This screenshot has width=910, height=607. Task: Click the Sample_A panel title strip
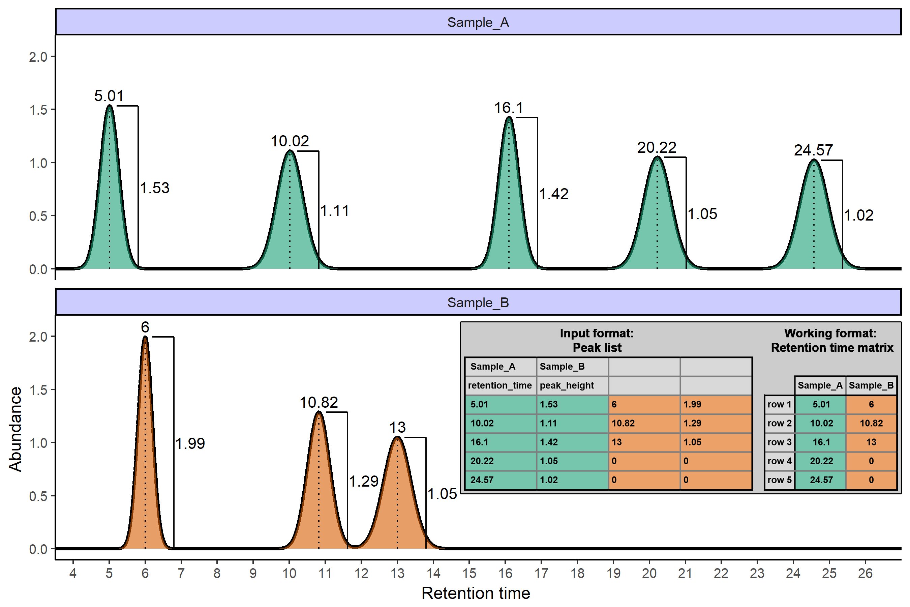coord(478,22)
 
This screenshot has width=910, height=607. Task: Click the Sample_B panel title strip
coord(478,302)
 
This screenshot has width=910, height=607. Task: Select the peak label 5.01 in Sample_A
coord(109,96)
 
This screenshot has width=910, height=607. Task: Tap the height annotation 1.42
coord(554,194)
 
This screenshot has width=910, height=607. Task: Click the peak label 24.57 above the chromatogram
coord(813,150)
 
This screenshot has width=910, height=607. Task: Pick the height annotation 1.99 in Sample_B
coord(190,443)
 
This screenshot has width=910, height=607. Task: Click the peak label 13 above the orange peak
coord(397,427)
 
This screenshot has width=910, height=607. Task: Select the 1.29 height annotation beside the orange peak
coord(363,481)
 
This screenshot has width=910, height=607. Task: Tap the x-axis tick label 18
coord(577,573)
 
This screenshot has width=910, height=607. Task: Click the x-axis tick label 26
coord(865,573)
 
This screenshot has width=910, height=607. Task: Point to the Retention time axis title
coord(476,593)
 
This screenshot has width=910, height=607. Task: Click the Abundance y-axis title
coord(15,429)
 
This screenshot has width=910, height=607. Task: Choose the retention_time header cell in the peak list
coord(500,385)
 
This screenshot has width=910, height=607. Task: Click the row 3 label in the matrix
coord(779,442)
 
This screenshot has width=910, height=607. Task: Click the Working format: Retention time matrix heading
coord(832,340)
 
